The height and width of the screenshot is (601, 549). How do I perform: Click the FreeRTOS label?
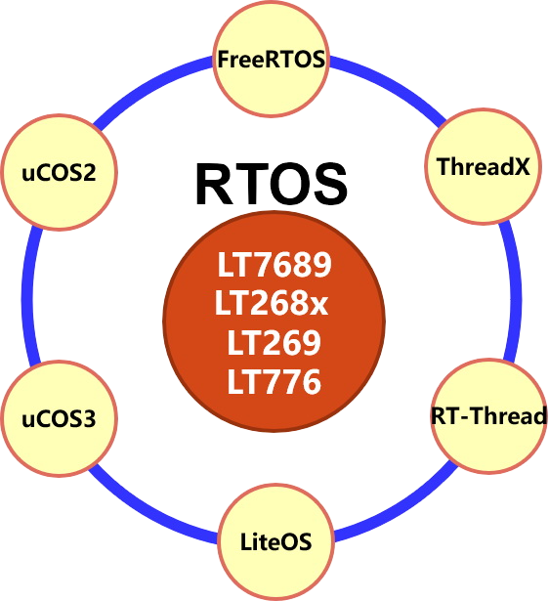pyautogui.click(x=272, y=60)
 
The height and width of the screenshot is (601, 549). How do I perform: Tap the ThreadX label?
pyautogui.click(x=484, y=166)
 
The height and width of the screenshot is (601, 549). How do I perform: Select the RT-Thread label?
pyautogui.click(x=488, y=415)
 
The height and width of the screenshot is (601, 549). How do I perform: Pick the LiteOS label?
pyautogui.click(x=275, y=541)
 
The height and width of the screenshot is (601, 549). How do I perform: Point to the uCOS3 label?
pyautogui.click(x=59, y=418)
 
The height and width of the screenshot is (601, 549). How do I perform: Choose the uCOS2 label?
pyautogui.click(x=59, y=172)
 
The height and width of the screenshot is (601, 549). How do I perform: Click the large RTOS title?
pyautogui.click(x=272, y=185)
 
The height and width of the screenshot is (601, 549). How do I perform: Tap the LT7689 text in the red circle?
pyautogui.click(x=274, y=265)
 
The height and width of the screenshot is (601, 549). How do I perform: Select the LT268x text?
pyautogui.click(x=272, y=303)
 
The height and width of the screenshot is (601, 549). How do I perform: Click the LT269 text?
pyautogui.click(x=274, y=342)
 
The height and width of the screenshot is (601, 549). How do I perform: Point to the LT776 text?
pyautogui.click(x=274, y=381)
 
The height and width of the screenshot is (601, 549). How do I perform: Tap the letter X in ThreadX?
pyautogui.click(x=523, y=167)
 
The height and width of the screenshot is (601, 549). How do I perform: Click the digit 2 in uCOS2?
pyautogui.click(x=88, y=172)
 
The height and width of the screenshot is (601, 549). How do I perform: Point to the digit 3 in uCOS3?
pyautogui.click(x=88, y=418)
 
